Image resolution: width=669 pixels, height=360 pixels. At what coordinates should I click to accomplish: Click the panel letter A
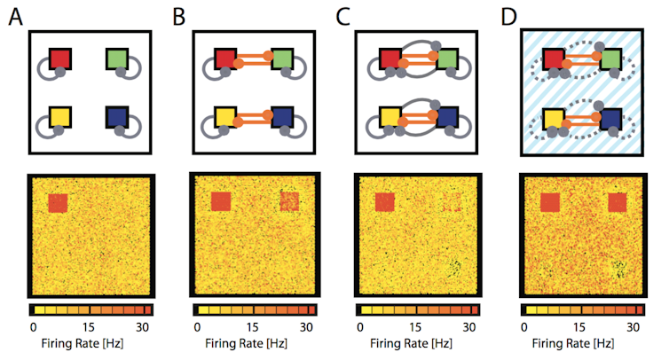(16, 18)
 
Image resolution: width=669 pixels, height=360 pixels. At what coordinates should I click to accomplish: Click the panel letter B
(179, 18)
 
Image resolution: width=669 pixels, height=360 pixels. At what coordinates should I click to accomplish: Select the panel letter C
(342, 18)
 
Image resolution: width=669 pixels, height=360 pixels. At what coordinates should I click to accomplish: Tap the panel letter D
(509, 18)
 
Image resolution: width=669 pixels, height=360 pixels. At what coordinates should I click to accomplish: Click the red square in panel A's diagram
(60, 59)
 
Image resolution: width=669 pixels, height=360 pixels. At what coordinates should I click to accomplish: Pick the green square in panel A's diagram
(117, 59)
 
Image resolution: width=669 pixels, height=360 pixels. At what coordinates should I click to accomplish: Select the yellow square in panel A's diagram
(60, 117)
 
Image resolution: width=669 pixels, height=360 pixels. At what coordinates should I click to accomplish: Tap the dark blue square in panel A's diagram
(117, 117)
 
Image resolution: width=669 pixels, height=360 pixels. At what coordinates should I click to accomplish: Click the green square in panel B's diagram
(282, 59)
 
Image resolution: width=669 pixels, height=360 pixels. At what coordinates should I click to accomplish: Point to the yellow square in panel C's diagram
(390, 117)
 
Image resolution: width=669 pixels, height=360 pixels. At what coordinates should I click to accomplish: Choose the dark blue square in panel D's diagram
(610, 119)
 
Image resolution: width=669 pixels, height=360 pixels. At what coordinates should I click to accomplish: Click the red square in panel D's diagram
(554, 59)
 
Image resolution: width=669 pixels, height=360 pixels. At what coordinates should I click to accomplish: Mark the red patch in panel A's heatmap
(58, 203)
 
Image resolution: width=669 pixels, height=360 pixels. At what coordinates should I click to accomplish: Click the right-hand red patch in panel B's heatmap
(290, 201)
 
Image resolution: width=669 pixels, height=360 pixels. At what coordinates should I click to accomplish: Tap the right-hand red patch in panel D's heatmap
(618, 202)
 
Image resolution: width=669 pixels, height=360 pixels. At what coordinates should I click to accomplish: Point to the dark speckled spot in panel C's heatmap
(455, 267)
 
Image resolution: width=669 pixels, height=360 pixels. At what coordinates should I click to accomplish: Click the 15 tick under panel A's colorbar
(89, 327)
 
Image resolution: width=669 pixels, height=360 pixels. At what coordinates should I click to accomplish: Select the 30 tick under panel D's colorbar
(633, 327)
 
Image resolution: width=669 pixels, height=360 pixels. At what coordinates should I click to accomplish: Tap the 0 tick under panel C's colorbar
(360, 327)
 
